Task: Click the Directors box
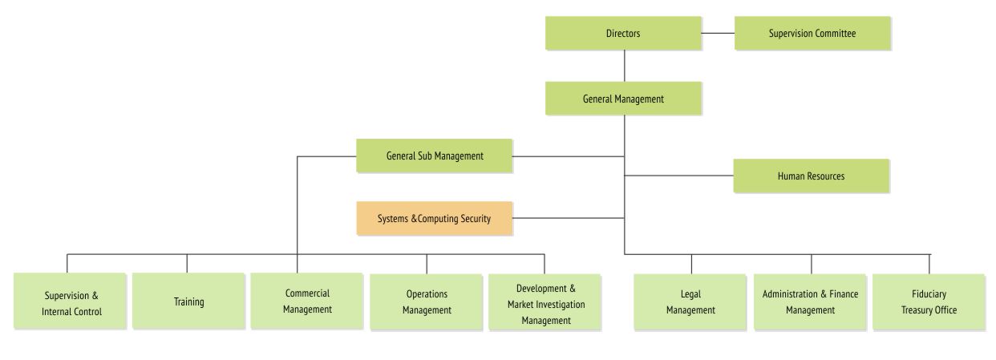[x=623, y=34]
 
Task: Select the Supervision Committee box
[x=812, y=34]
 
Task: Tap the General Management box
[x=623, y=99]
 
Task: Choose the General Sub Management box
[x=434, y=156]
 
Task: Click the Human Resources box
[x=811, y=176]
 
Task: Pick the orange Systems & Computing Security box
[x=435, y=218]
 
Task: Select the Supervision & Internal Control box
[x=70, y=301]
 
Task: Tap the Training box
[x=188, y=301]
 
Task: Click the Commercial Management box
[x=307, y=301]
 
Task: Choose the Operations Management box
[x=426, y=301]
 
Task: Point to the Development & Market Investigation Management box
[x=545, y=301]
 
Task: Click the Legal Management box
[x=690, y=301]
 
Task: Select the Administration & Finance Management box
[x=810, y=301]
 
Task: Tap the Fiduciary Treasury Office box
[x=929, y=301]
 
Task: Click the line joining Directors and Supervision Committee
[x=718, y=33]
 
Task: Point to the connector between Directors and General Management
[x=624, y=66]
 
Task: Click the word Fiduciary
[x=929, y=293]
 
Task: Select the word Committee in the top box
[x=836, y=34]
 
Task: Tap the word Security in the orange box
[x=476, y=218]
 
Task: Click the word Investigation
[x=560, y=305]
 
